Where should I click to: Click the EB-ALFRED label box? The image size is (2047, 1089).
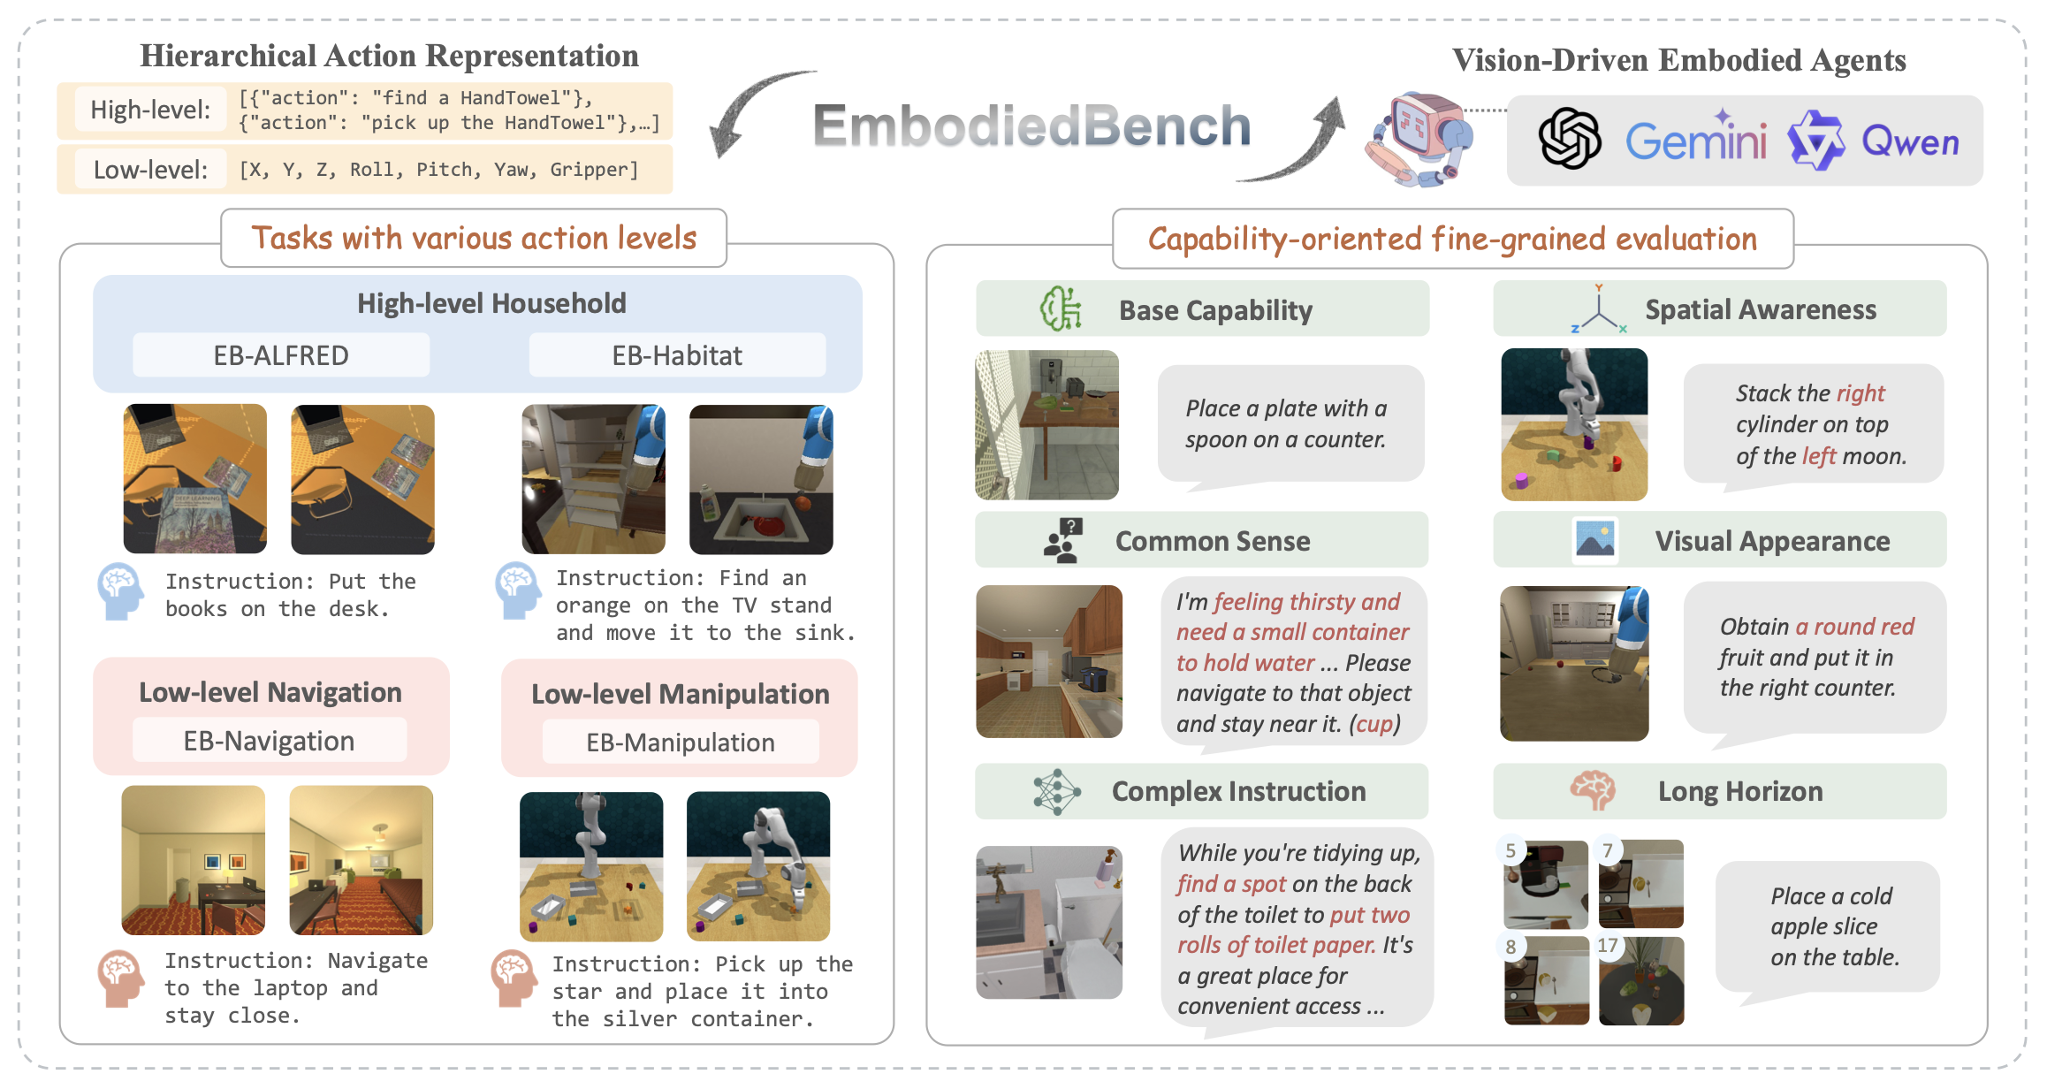click(x=281, y=355)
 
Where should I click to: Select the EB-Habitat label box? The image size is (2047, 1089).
click(x=677, y=355)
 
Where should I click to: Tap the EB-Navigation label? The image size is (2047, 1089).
click(x=269, y=741)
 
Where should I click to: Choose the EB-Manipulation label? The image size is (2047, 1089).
click(x=680, y=742)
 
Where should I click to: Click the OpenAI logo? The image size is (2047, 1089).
click(x=1570, y=140)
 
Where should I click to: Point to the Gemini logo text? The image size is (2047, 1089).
click(x=1696, y=140)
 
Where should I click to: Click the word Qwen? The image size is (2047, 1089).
click(x=1910, y=142)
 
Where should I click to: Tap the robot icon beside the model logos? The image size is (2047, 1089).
click(x=1419, y=138)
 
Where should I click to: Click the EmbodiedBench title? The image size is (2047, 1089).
click(x=1031, y=126)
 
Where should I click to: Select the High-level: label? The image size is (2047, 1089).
click(x=151, y=110)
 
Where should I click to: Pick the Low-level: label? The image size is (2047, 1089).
click(x=150, y=170)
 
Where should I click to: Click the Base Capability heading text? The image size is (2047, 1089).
click(x=1215, y=310)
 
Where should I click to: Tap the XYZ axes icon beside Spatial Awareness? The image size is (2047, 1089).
click(x=1598, y=309)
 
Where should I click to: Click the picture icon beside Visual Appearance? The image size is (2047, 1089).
click(x=1594, y=540)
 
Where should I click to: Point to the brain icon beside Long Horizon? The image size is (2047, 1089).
click(x=1593, y=790)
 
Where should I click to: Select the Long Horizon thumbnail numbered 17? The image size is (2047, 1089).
click(x=1641, y=980)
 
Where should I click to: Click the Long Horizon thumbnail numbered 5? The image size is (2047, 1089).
click(x=1546, y=884)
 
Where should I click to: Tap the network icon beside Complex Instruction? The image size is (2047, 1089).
click(x=1056, y=791)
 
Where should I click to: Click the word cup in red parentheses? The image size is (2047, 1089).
click(x=1374, y=724)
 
